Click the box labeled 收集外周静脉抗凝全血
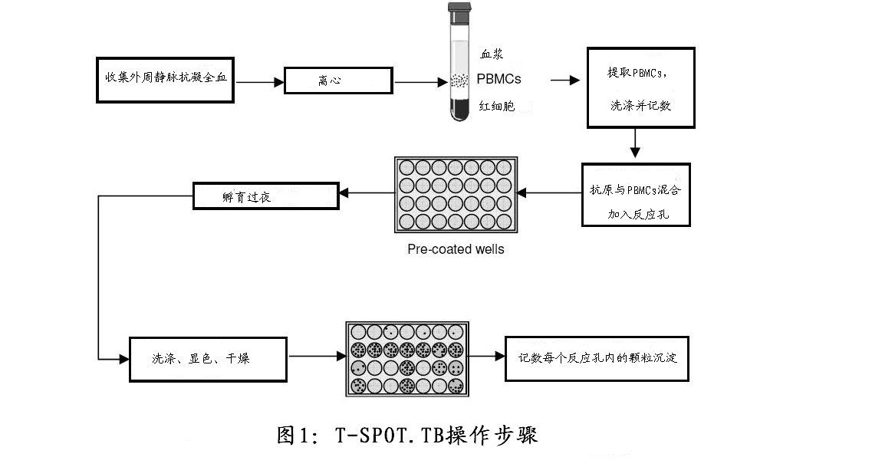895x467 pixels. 166,79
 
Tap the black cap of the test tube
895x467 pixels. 460,13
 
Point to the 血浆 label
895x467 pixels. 492,54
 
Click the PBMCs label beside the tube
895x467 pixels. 499,79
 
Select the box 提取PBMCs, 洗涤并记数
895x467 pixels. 640,87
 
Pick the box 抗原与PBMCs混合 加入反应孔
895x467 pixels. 635,195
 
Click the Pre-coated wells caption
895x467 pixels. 456,249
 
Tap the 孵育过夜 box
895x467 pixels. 265,195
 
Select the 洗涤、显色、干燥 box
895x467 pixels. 208,358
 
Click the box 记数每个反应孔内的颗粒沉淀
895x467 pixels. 597,357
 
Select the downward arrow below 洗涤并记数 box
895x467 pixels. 635,144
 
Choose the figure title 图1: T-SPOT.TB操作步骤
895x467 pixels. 407,436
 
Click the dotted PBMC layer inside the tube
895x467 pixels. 460,79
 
